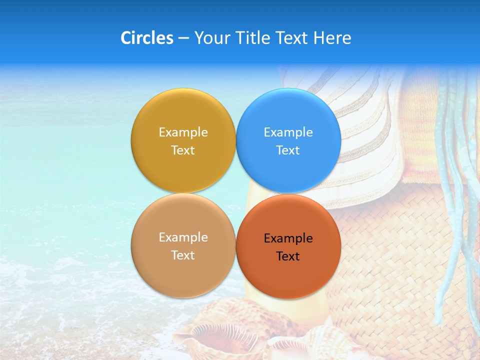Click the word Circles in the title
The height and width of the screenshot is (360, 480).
(x=146, y=38)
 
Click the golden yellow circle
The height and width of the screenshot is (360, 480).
(x=183, y=115)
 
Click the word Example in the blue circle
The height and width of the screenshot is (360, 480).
(x=288, y=132)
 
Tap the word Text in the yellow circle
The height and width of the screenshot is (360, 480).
(x=183, y=150)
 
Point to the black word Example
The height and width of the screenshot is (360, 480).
(x=288, y=238)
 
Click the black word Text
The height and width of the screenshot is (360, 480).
(x=288, y=256)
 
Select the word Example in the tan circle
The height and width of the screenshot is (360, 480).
(x=183, y=237)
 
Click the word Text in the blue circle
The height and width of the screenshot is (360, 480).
(x=288, y=150)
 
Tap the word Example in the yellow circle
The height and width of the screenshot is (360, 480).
(x=183, y=132)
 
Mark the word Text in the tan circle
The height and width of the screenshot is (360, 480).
(x=183, y=255)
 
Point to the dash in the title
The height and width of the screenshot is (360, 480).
(x=183, y=38)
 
